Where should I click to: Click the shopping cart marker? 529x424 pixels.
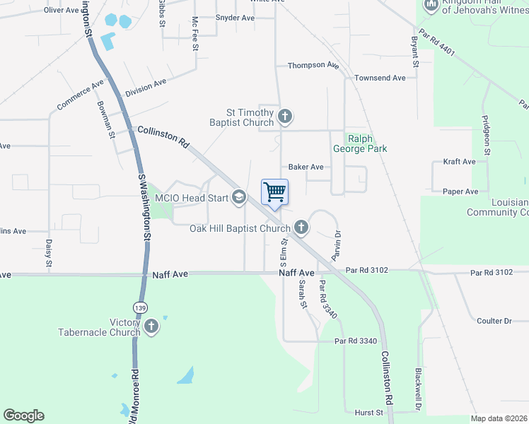coord(274,192)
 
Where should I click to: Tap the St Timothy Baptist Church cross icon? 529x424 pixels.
coord(284,116)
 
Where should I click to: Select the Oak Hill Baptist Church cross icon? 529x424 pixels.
coord(301,227)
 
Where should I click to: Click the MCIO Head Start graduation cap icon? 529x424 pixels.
coord(239,197)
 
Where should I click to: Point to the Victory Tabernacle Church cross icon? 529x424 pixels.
coord(151,326)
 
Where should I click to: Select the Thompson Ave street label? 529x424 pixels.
coord(313,65)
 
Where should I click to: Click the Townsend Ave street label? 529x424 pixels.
coord(380,78)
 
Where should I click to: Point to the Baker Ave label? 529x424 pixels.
coord(306,167)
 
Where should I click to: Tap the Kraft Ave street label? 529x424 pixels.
coord(459,162)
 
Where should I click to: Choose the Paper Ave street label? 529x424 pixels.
coord(460,192)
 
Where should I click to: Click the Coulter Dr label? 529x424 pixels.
coord(494,321)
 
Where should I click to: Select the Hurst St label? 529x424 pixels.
coord(368,412)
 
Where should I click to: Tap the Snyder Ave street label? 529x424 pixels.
coord(234,18)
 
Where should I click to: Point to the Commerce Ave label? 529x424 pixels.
coord(80,97)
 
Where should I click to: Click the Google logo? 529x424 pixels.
coord(23,416)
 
